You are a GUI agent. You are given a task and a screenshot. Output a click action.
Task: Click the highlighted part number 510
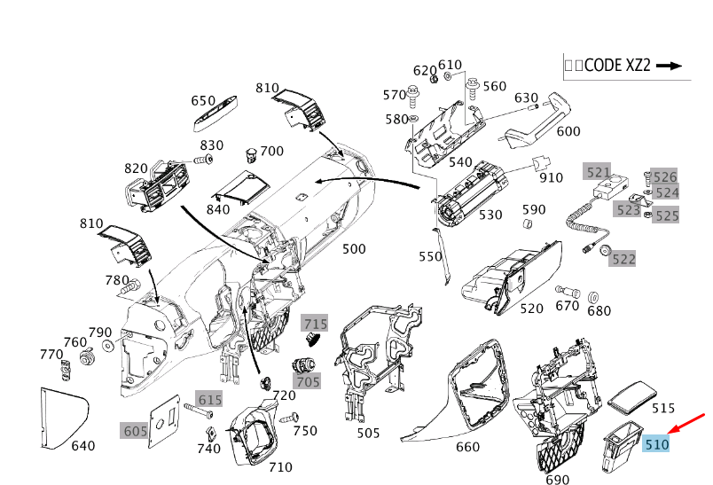(656, 443)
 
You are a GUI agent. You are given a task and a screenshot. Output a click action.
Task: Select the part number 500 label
(354, 249)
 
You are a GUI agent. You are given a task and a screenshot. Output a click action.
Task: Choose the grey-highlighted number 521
(597, 171)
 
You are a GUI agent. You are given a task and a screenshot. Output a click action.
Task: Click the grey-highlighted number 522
(623, 258)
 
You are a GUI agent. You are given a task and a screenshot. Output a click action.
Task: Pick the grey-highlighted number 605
(135, 430)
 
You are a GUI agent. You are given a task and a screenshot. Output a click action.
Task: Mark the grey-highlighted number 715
(315, 324)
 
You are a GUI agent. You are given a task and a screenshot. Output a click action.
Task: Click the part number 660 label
(467, 446)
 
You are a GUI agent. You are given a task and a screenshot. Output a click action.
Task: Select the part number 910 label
(551, 177)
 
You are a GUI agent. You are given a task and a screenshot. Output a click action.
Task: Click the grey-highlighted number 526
(665, 177)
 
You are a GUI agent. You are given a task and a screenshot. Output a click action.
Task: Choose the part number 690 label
(558, 480)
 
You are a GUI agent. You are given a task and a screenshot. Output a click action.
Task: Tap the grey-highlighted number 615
(209, 400)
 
